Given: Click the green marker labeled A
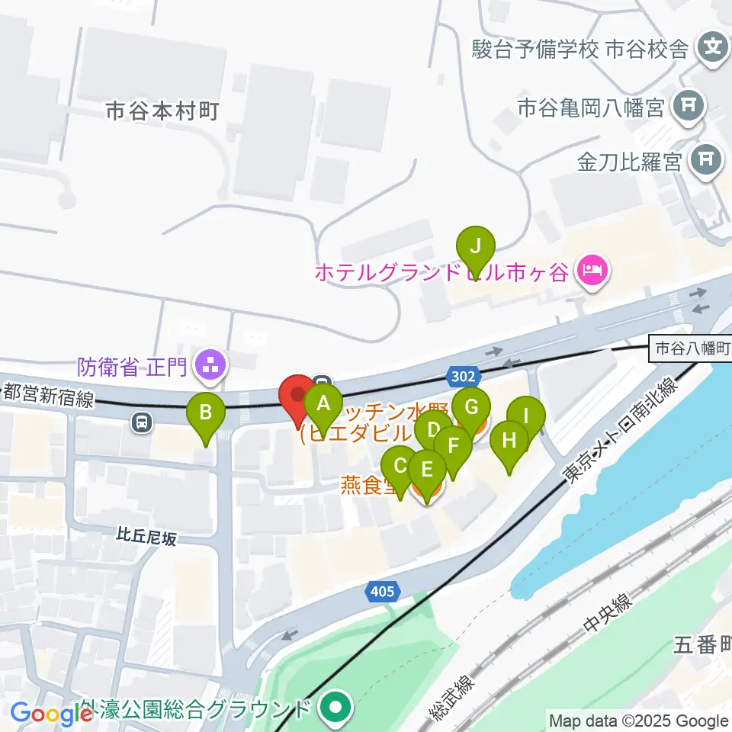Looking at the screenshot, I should [x=323, y=402].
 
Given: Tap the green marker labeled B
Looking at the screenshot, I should [x=206, y=413].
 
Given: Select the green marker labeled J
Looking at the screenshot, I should [x=475, y=246].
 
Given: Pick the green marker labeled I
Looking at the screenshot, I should [x=526, y=416].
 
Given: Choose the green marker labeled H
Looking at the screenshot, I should [x=509, y=441].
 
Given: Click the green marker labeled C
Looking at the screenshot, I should [x=400, y=465].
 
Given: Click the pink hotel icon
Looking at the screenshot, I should [x=592, y=269].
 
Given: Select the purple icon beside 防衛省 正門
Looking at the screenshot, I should [x=210, y=367].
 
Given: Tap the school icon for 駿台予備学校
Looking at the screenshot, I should [x=714, y=50].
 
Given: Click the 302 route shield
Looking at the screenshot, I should [x=462, y=376].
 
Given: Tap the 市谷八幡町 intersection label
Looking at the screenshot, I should [x=689, y=350].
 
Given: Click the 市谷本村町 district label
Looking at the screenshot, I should [x=162, y=111].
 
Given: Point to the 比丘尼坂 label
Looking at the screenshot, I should [x=147, y=538].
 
